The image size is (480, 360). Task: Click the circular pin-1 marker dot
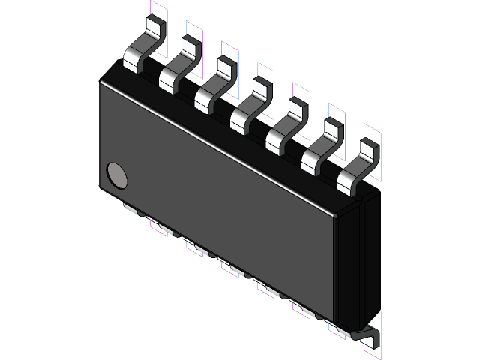pyautogui.click(x=118, y=175)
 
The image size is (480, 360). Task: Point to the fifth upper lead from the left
pyautogui.click(x=284, y=123)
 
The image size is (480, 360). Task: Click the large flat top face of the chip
pyautogui.click(x=225, y=187)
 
